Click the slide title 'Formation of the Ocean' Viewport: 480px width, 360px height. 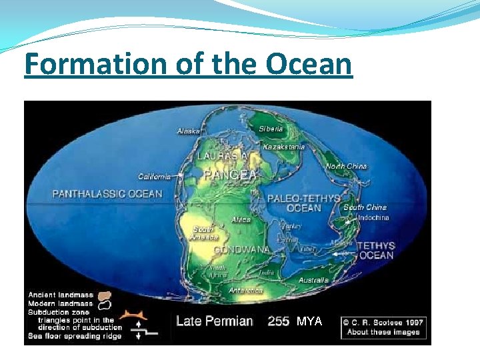point(188,65)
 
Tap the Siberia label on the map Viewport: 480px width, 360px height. point(270,128)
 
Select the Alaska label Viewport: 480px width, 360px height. point(189,131)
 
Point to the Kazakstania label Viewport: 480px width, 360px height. point(284,147)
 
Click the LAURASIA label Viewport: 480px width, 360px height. point(223,156)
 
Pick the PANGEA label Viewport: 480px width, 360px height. point(230,175)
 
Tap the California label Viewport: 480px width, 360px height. point(154,177)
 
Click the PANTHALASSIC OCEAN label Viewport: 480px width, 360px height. point(107,194)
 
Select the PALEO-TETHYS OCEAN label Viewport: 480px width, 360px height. point(303,203)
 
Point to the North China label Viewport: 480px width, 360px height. point(346,166)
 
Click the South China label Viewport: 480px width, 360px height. point(365,207)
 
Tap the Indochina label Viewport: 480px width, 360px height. point(373,218)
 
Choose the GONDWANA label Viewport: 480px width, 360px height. point(241,250)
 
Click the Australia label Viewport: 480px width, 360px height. point(313,280)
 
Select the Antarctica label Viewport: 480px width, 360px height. point(245,291)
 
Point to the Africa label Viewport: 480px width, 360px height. point(241,219)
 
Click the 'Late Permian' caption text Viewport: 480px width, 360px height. point(214,321)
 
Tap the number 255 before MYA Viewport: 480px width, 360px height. point(278,321)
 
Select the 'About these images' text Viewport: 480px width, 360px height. point(383,332)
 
